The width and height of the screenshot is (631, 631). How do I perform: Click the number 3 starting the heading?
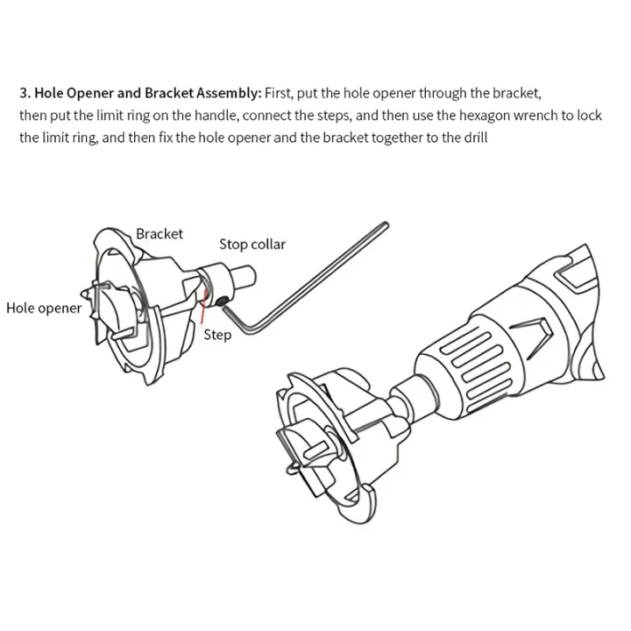click(23, 92)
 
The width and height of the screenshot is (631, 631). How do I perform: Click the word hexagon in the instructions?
click(500, 115)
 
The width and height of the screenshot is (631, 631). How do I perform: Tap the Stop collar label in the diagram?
click(252, 245)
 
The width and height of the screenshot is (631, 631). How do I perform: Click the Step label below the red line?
click(217, 335)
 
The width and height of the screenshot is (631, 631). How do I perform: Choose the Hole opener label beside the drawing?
click(44, 308)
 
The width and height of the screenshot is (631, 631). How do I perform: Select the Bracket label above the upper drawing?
click(160, 234)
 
